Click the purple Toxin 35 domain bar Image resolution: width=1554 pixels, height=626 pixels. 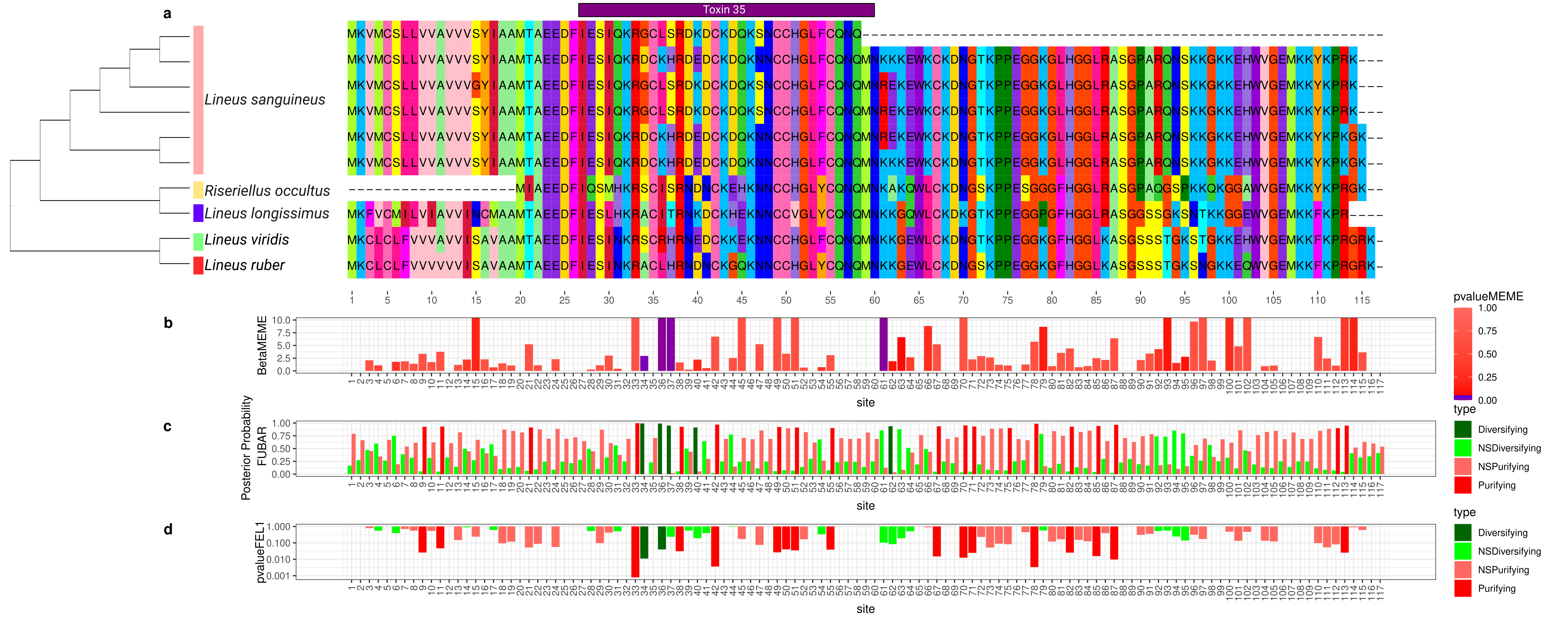[x=726, y=10]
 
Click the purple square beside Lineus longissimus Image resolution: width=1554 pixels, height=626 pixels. [x=198, y=213]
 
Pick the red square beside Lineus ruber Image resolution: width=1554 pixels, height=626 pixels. [x=198, y=265]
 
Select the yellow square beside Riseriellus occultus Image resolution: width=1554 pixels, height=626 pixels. [x=198, y=190]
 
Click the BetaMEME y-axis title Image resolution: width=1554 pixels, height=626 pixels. [x=262, y=345]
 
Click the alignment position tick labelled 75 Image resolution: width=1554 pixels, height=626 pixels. [x=1007, y=300]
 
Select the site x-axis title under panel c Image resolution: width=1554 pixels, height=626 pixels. [x=865, y=506]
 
